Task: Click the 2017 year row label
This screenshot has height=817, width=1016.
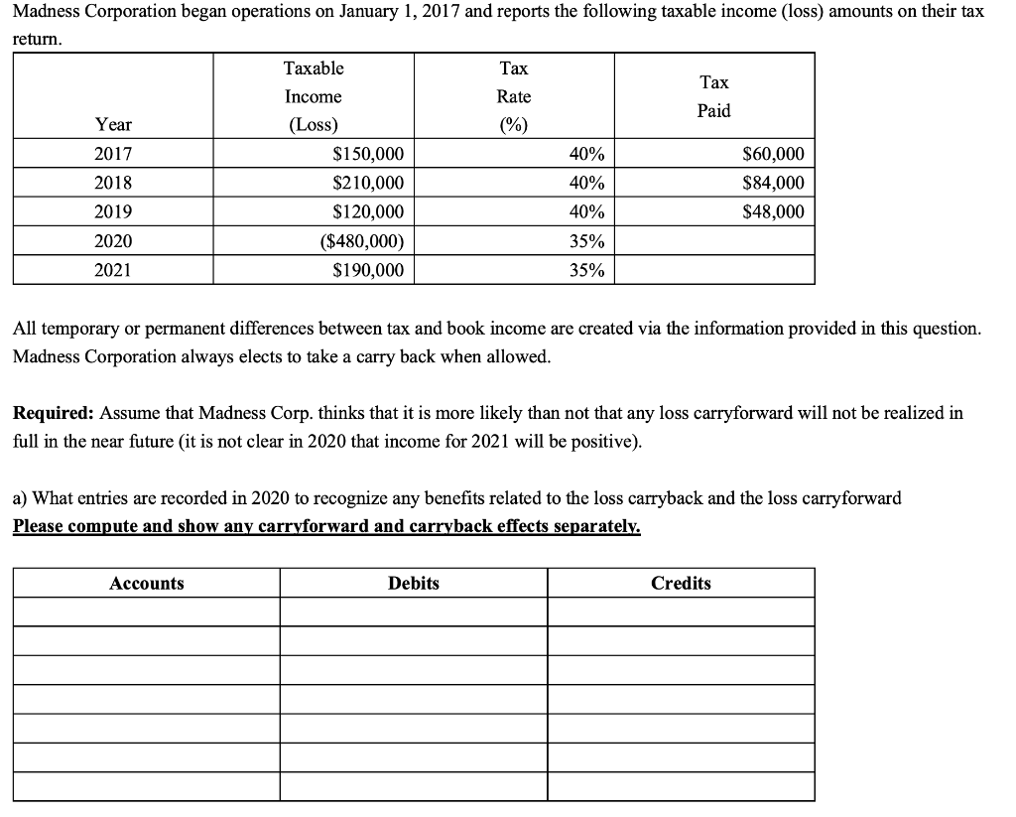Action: click(x=112, y=155)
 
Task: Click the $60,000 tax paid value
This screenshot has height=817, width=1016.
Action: click(x=773, y=155)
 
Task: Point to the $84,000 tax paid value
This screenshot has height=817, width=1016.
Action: click(x=773, y=184)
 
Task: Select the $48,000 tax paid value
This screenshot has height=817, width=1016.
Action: click(x=773, y=212)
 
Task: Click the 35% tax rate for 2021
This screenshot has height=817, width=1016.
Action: click(x=588, y=270)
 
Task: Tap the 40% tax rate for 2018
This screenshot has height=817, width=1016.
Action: click(x=588, y=184)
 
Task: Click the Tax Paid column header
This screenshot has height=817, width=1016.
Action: click(x=713, y=96)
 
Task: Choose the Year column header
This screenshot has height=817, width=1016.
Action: click(x=112, y=125)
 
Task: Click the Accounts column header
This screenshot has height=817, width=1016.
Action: click(x=146, y=584)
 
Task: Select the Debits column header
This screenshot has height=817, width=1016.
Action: click(x=413, y=584)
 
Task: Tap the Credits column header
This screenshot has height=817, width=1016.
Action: click(x=681, y=584)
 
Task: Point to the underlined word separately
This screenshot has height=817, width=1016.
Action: click(x=598, y=527)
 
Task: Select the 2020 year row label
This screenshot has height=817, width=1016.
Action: click(x=112, y=241)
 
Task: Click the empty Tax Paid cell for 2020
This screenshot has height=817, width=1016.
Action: click(x=713, y=241)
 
